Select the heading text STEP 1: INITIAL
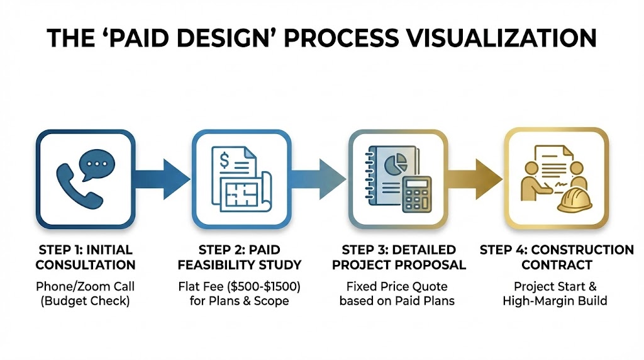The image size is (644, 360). coord(86,250)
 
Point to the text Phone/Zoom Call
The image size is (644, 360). coord(86,287)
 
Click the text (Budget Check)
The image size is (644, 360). coord(86,301)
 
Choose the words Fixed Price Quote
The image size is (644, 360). coord(397,287)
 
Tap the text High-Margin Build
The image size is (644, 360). coord(555,301)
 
